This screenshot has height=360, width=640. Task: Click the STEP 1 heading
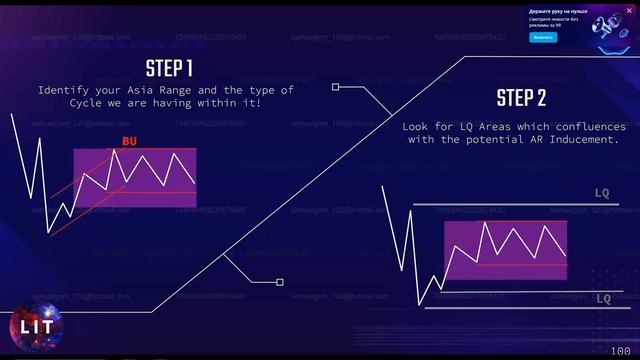(x=169, y=69)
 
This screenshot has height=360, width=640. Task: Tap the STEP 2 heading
(x=521, y=98)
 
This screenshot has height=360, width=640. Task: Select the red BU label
(x=129, y=141)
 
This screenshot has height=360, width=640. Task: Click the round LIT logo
(x=31, y=326)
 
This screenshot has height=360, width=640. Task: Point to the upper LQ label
(x=602, y=193)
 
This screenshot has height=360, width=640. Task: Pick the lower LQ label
(x=603, y=299)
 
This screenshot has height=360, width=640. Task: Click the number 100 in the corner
(x=620, y=351)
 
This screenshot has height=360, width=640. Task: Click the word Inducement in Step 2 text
(x=585, y=140)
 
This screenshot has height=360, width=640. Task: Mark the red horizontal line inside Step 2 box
(x=521, y=265)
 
